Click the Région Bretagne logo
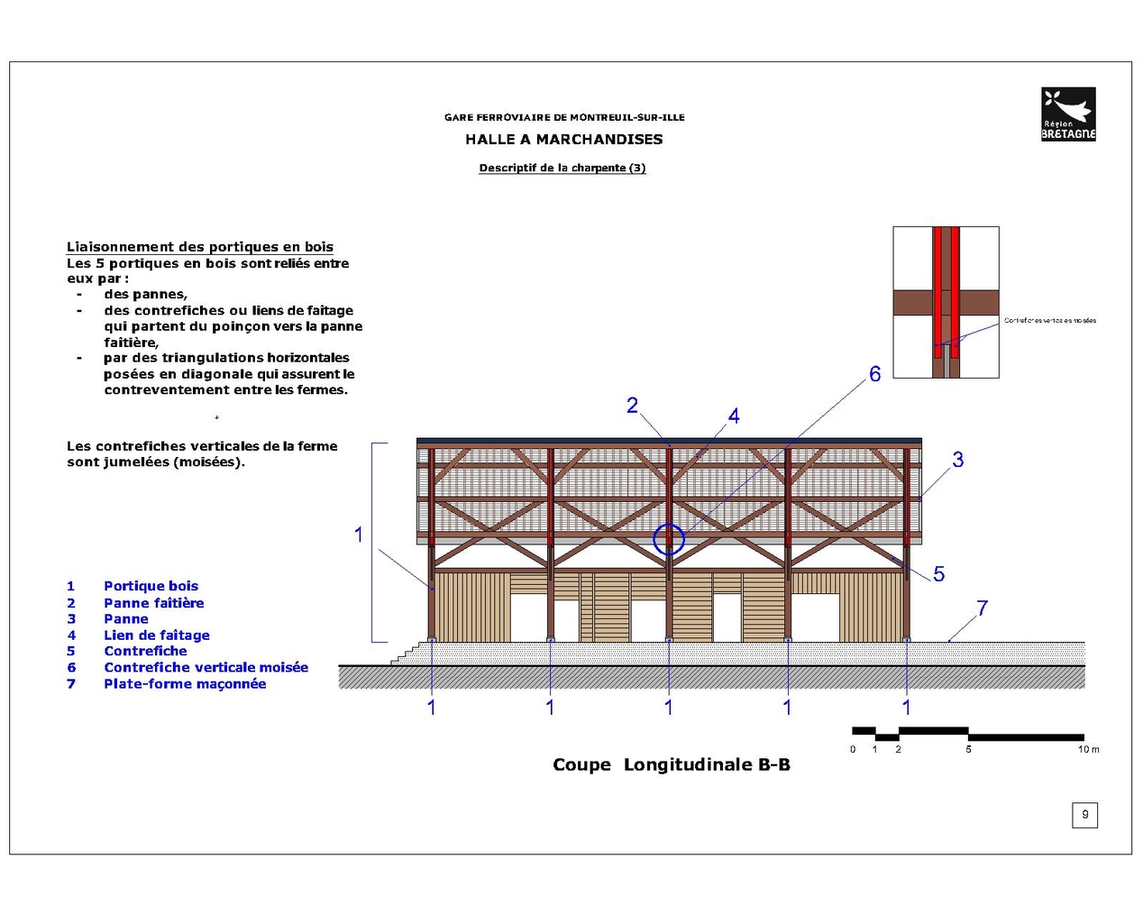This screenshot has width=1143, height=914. pyautogui.click(x=1068, y=114)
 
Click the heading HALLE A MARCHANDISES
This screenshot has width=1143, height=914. pyautogui.click(x=563, y=140)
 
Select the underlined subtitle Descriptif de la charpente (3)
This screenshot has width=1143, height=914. pyautogui.click(x=562, y=168)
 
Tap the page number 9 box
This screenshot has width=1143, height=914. pyautogui.click(x=1084, y=815)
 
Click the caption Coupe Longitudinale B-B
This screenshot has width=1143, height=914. pyautogui.click(x=671, y=765)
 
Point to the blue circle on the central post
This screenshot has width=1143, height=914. pyautogui.click(x=669, y=540)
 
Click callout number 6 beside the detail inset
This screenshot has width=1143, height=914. pyautogui.click(x=874, y=374)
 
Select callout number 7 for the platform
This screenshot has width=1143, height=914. pyautogui.click(x=982, y=608)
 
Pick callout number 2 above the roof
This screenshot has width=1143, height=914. pyautogui.click(x=632, y=406)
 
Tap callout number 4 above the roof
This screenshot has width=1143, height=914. pyautogui.click(x=734, y=416)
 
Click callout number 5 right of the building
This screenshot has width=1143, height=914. pyautogui.click(x=938, y=574)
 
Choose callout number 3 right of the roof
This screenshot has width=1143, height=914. pyautogui.click(x=957, y=460)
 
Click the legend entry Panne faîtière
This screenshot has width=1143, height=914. pyautogui.click(x=153, y=603)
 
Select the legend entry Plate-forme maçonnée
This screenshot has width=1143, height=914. pyautogui.click(x=185, y=684)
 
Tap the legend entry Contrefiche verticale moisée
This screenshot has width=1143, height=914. pyautogui.click(x=206, y=668)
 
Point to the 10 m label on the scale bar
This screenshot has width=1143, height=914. pyautogui.click(x=1088, y=750)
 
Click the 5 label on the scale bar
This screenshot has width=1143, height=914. pyautogui.click(x=968, y=750)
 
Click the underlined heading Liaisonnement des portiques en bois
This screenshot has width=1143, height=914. pyautogui.click(x=199, y=247)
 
